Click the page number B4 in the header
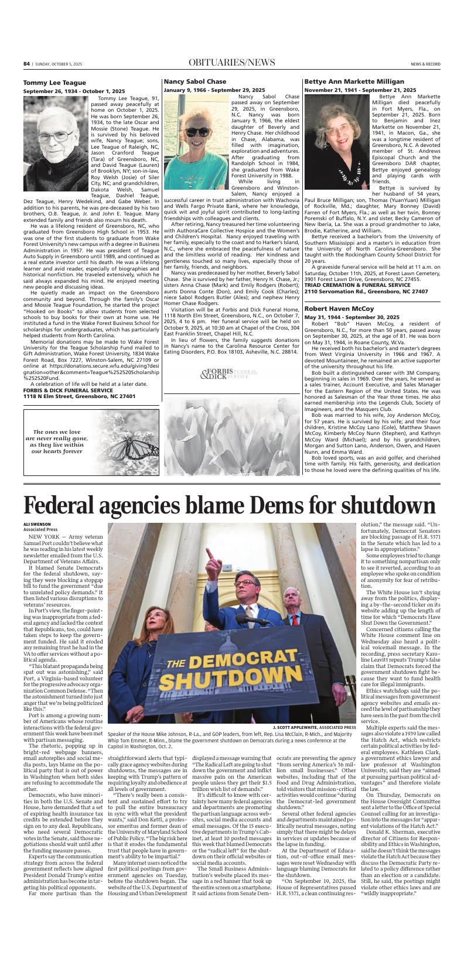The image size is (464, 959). [x=26, y=63]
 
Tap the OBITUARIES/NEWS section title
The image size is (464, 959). [x=231, y=63]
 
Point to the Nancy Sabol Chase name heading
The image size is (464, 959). [x=195, y=81]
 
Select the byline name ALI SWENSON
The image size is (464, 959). [x=37, y=524]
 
